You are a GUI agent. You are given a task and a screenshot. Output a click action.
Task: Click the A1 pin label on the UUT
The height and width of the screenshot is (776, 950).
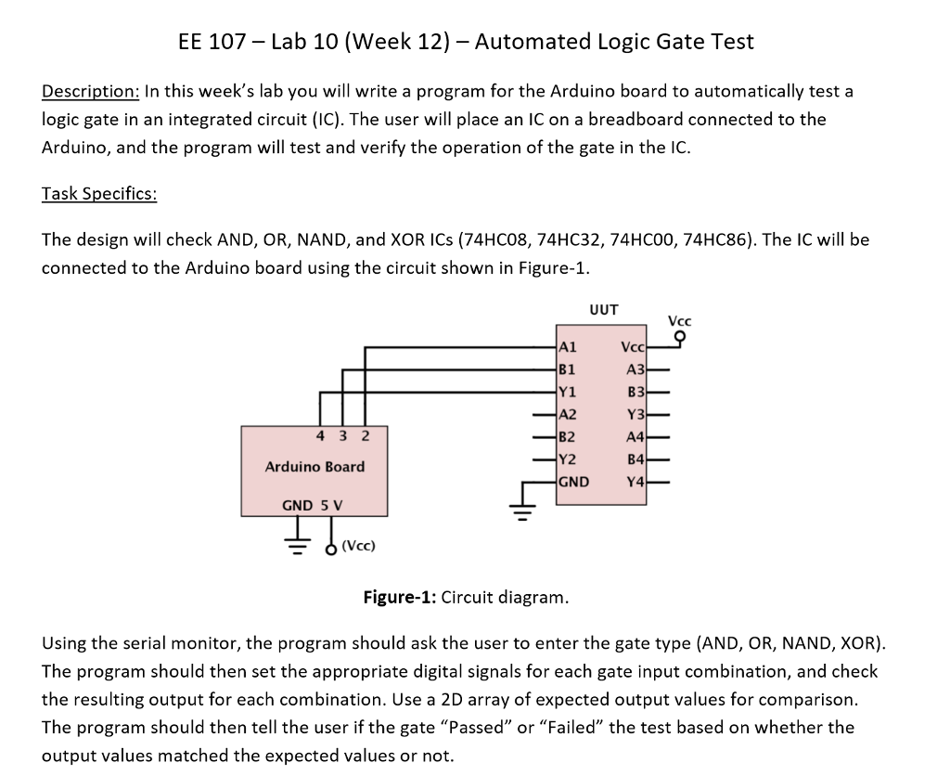(x=568, y=347)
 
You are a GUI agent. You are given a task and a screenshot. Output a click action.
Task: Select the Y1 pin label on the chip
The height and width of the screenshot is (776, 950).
(x=567, y=392)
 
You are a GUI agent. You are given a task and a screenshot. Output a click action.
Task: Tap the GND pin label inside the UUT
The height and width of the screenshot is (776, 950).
(x=573, y=482)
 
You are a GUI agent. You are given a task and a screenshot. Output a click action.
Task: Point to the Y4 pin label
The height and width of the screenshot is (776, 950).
(x=635, y=482)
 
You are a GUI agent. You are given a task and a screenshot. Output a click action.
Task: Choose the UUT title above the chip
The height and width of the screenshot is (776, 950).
(x=604, y=310)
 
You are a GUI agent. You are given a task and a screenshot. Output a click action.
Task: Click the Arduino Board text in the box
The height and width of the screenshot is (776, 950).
(x=315, y=467)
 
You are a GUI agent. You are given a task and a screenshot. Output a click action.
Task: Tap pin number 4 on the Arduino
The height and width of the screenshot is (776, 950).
(x=320, y=435)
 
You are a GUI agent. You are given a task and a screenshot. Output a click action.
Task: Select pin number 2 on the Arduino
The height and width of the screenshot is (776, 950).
(x=366, y=435)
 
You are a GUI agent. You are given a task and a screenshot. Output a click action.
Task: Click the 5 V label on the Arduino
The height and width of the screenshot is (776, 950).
(x=331, y=505)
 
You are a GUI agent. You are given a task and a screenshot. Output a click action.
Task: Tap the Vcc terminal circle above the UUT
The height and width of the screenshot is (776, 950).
(x=680, y=336)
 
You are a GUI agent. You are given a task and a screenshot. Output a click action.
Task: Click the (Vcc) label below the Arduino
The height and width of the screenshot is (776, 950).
(x=359, y=546)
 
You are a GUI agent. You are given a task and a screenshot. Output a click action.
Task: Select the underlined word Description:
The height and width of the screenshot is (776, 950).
(x=91, y=92)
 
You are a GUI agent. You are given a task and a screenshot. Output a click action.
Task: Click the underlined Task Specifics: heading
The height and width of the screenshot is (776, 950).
(x=99, y=194)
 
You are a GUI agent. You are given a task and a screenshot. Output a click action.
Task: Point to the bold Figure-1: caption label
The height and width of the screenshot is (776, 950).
(x=400, y=597)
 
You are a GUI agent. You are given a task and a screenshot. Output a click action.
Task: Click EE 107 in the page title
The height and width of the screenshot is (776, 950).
(x=212, y=42)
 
